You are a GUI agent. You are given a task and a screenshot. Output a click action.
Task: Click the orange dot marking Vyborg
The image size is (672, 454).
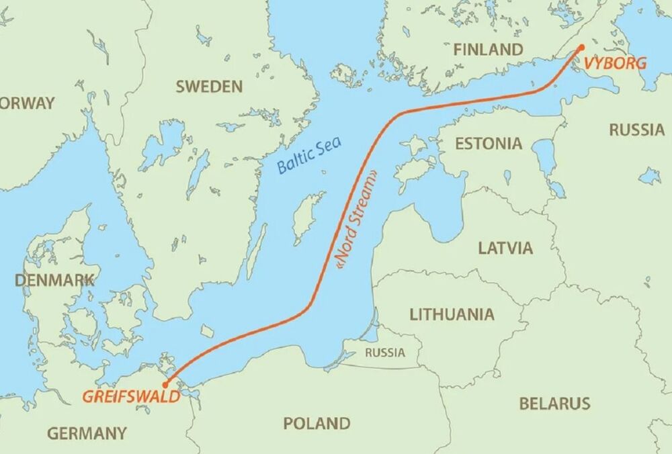coord(581,47)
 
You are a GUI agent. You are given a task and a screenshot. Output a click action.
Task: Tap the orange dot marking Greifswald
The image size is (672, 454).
coord(166,384)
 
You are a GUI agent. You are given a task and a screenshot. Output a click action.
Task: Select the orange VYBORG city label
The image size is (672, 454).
coord(616,64)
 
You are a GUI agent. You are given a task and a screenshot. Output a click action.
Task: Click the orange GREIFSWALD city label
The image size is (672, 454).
coord(131,396)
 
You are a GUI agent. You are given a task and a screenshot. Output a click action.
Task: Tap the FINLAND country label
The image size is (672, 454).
coord(488,50)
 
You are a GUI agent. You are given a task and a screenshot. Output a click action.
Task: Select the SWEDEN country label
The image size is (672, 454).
coord(208,86)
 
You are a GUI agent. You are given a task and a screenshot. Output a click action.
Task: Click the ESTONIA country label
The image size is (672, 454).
coord(488,143)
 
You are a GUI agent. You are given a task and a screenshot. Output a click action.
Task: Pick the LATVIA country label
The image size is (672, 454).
coord(505,248)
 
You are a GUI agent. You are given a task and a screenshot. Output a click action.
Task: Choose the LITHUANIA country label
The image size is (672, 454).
coord(452,314)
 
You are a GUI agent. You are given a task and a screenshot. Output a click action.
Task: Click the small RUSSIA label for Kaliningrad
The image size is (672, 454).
coord(385,353)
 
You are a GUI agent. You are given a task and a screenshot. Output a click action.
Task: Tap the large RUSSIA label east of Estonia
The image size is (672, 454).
coord(636,130)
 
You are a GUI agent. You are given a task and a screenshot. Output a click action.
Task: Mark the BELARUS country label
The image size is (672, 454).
coord(554,404)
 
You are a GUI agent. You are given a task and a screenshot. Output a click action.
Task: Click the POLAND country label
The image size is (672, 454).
coord(317,424)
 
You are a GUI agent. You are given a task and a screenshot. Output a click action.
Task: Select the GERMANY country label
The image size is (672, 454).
coord(87,433)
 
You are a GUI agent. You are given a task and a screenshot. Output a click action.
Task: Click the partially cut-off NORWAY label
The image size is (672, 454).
coord(27,103)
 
